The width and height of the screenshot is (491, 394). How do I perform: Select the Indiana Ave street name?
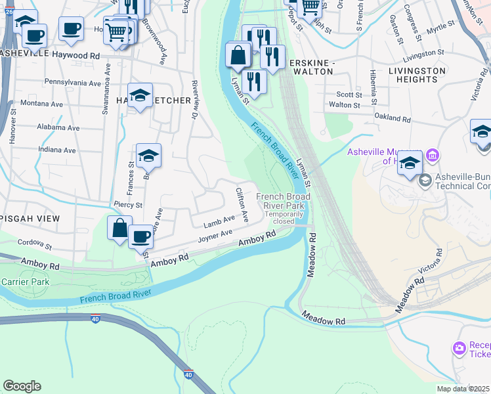coord(57,150)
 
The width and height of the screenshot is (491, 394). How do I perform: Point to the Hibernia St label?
coord(372,87)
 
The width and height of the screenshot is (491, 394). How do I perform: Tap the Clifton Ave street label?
coord(242,204)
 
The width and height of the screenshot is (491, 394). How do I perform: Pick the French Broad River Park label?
coord(283,201)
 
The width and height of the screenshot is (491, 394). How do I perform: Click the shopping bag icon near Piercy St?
coord(119,229)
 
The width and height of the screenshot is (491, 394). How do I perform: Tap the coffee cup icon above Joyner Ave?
coord(140,236)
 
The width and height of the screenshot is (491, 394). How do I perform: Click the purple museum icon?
coord(433,156)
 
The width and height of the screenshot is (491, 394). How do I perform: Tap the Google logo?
coord(22,386)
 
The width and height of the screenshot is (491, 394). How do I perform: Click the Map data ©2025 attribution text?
coord(463,389)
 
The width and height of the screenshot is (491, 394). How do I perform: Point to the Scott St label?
coord(345,95)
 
